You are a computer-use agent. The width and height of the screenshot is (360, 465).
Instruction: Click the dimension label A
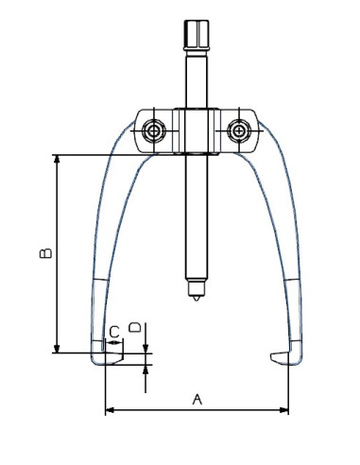[197, 399]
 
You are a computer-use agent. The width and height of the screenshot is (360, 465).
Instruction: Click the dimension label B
[43, 253]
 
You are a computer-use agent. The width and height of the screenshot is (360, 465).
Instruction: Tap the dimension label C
[113, 332]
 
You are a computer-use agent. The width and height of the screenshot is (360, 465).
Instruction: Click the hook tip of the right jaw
[274, 356]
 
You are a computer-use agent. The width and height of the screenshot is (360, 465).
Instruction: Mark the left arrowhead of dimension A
[109, 410]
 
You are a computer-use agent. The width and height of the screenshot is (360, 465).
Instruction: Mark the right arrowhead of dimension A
[285, 410]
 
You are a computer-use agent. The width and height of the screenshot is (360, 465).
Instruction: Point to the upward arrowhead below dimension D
[146, 369]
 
